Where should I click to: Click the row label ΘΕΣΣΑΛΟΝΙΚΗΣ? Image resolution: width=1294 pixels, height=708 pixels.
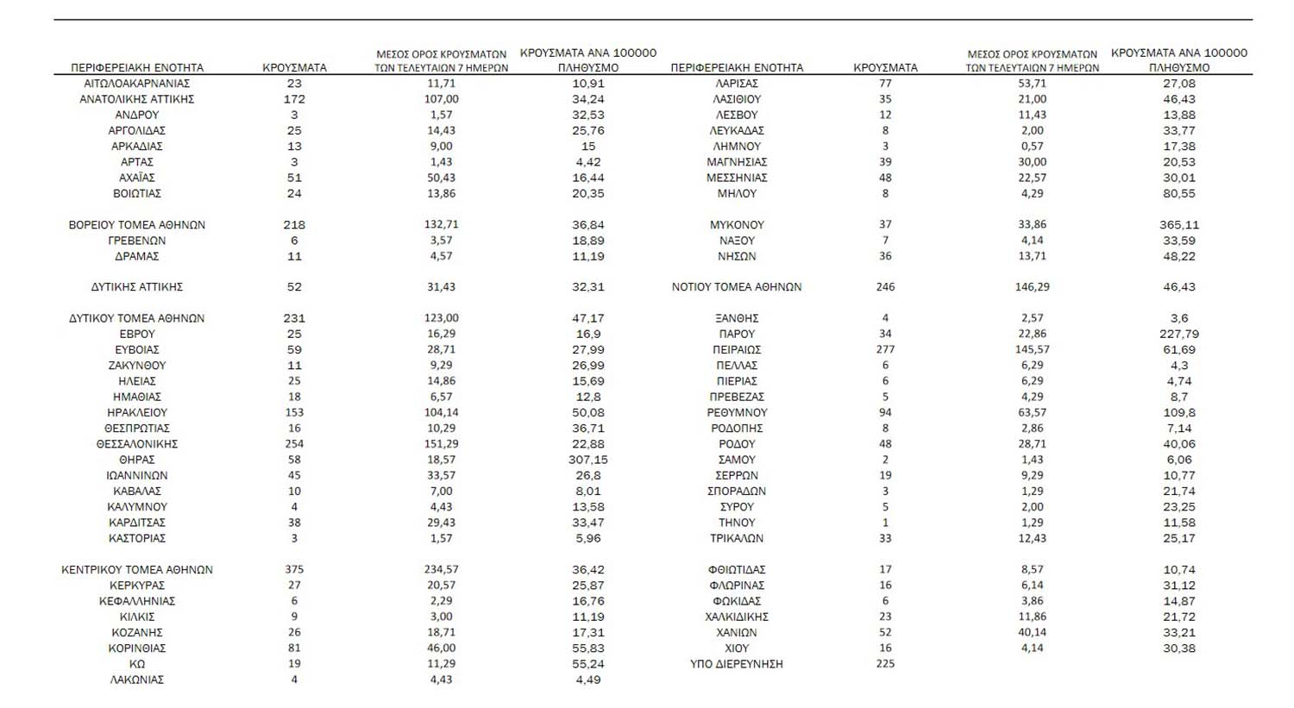coord(137,444)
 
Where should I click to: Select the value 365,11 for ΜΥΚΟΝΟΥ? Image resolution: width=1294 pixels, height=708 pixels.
coord(1179,225)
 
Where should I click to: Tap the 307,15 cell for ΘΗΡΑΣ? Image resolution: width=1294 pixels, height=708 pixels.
coord(588,460)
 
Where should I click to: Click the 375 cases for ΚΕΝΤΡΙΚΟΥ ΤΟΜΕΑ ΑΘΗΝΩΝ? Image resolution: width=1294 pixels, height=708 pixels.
coord(294,570)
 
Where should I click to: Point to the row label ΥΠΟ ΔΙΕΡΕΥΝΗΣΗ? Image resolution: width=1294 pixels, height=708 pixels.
coord(736,664)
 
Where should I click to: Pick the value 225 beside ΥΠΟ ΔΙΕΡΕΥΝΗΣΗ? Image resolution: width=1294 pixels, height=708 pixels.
coord(885,664)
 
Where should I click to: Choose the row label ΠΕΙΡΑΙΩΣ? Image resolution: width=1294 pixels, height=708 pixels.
coord(738,350)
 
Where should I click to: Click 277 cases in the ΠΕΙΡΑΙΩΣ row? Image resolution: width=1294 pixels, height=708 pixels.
coord(885,350)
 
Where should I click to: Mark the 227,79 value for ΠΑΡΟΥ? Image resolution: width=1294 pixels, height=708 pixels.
coord(1179,335)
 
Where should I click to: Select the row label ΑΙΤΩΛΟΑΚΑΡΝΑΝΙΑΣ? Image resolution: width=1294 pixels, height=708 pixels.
coord(137,84)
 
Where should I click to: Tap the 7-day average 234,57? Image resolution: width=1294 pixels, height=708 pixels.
coord(442,570)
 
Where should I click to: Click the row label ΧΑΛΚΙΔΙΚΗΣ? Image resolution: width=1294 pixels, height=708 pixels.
coord(737,617)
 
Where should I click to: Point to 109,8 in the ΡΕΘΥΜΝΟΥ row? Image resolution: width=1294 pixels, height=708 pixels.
coord(1179,413)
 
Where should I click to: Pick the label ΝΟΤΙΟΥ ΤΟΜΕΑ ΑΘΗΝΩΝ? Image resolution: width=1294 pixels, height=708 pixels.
coord(737,287)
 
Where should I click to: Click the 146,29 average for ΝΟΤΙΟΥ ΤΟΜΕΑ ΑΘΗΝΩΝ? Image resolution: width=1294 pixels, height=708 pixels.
coord(1033,287)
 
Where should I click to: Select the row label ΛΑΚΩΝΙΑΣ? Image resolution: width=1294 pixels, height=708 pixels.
coord(137,680)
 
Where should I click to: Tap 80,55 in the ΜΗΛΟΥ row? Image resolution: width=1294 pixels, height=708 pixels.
coord(1179,194)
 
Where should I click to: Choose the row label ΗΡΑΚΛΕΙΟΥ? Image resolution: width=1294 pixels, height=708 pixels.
coord(137,413)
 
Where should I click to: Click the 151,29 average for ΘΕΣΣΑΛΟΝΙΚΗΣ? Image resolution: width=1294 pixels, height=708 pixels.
coord(442,444)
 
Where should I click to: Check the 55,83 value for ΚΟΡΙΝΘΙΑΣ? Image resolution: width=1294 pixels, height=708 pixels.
coord(588,648)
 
